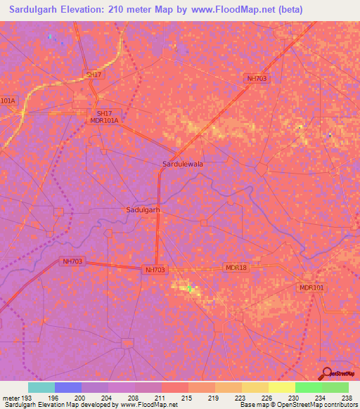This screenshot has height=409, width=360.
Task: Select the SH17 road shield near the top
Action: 94,74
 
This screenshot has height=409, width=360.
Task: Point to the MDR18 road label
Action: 236,268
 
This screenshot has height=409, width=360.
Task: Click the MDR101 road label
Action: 311,288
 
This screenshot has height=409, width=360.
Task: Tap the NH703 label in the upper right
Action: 256,79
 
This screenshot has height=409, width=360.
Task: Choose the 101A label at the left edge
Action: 7,100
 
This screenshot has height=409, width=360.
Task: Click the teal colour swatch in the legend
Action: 41,387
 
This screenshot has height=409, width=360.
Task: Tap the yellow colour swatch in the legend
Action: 281,387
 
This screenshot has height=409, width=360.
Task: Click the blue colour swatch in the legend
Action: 68,387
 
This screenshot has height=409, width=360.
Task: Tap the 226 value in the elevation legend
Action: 267,398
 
